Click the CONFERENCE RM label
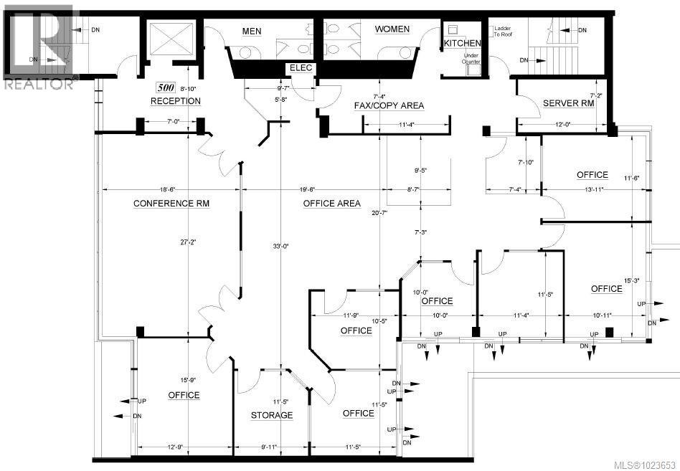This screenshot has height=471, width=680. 171,204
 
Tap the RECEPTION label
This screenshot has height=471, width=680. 175,101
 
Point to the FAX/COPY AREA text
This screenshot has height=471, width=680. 389,105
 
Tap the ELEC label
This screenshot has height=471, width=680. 298,68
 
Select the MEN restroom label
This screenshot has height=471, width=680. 252,30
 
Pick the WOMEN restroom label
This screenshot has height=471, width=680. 392,29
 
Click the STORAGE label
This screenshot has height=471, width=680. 271,415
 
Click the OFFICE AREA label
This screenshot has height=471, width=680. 331,204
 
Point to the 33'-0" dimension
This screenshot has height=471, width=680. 280,247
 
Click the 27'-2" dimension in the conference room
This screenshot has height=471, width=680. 188,243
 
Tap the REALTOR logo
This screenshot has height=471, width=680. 39,47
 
